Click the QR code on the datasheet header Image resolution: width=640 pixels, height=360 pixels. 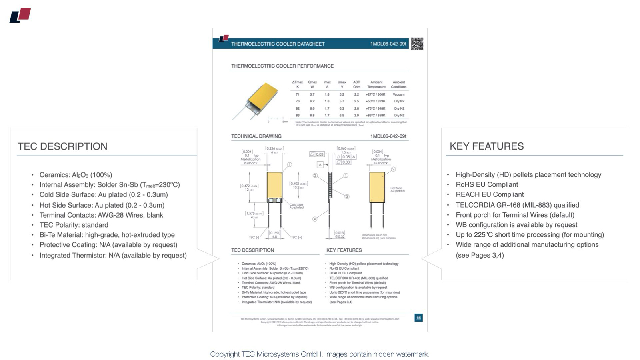[x=417, y=44]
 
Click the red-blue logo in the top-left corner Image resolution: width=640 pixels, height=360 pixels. [x=20, y=16]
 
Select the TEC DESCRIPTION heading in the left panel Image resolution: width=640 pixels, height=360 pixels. [x=62, y=146]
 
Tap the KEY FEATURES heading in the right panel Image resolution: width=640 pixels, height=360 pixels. [x=486, y=146]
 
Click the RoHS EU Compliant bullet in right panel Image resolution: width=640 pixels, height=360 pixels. [x=486, y=185]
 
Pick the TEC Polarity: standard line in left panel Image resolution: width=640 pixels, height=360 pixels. [x=74, y=225]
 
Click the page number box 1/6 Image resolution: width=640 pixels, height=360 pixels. [x=418, y=318]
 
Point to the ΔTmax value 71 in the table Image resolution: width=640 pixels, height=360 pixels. [x=298, y=94]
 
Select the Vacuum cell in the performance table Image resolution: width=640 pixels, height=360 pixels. [x=398, y=94]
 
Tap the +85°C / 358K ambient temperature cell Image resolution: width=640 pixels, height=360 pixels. [x=376, y=115]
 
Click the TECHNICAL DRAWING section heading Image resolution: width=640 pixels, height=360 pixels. [x=256, y=136]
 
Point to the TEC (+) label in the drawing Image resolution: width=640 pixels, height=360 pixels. [x=296, y=238]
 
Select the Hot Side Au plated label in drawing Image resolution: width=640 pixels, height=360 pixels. [x=397, y=189]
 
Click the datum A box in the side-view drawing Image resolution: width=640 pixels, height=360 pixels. [x=320, y=165]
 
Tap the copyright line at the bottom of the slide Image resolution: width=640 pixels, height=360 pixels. [x=320, y=354]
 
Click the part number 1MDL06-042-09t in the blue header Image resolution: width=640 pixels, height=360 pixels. [x=388, y=44]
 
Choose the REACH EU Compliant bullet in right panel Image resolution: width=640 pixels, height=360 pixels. [x=490, y=194]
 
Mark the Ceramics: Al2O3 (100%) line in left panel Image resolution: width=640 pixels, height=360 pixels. [x=76, y=175]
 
